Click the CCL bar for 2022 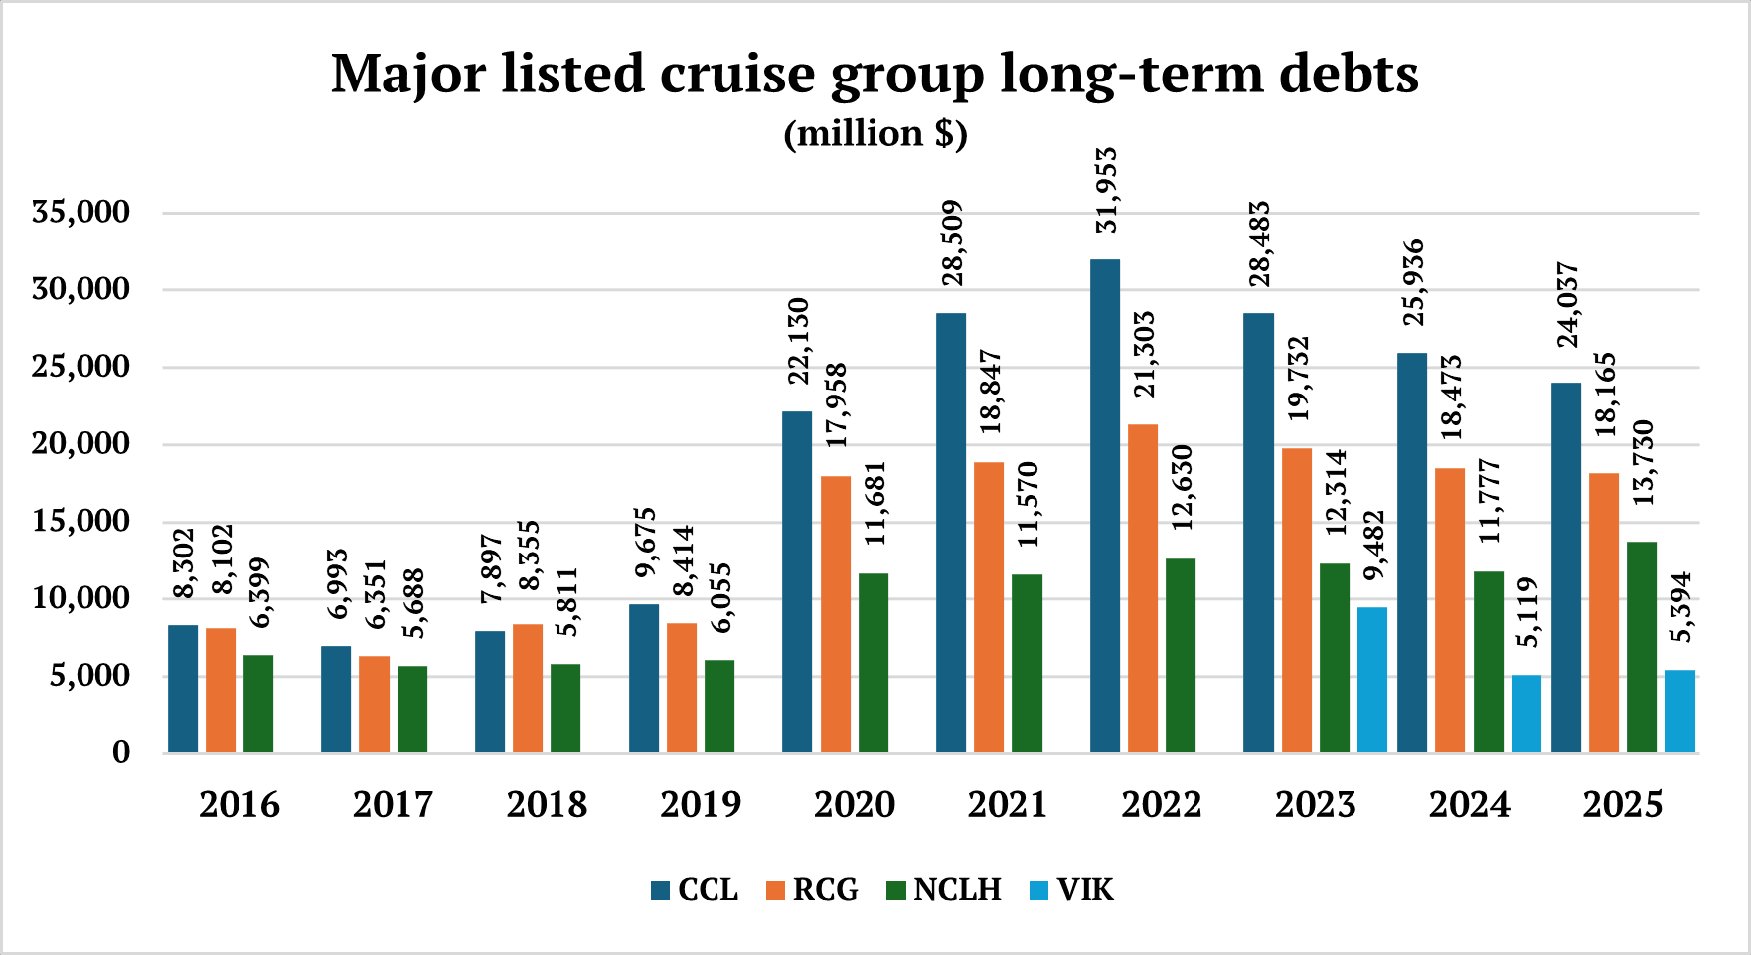coord(1105,507)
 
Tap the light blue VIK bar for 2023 coord(1372,680)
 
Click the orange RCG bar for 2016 coord(221,690)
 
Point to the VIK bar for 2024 coord(1526,714)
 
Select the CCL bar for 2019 coord(644,678)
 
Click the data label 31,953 coord(1106,190)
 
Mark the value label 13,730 coord(1643,462)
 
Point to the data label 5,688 coord(413,603)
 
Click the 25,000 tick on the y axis coord(80,367)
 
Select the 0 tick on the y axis coord(121,752)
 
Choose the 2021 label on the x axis coord(1008,804)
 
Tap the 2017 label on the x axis coord(393,804)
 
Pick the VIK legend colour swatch coord(1038,890)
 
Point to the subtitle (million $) coord(875,133)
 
